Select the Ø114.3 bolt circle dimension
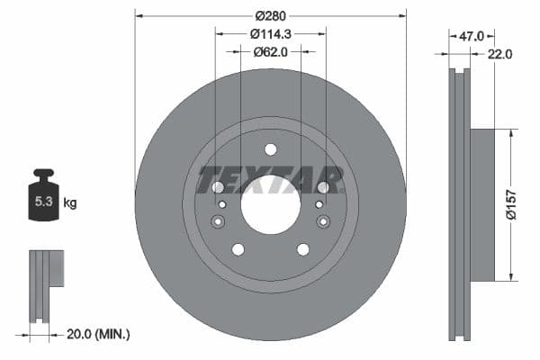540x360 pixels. (270, 34)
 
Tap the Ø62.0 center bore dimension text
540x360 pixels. (270, 52)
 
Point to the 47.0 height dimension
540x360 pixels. (472, 36)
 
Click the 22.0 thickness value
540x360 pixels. (500, 54)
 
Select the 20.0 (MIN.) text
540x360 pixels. (99, 334)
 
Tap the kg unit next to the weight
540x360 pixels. (70, 203)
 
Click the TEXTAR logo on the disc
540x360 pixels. (270, 179)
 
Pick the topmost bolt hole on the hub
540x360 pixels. (270, 149)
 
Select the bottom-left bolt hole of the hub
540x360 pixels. (238, 249)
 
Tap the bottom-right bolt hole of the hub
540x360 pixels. (302, 249)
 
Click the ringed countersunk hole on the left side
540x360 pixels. (217, 222)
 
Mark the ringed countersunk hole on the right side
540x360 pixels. (323, 222)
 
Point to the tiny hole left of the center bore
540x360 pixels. (221, 204)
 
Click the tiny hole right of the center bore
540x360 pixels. (319, 204)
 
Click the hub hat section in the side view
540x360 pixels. (481, 204)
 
